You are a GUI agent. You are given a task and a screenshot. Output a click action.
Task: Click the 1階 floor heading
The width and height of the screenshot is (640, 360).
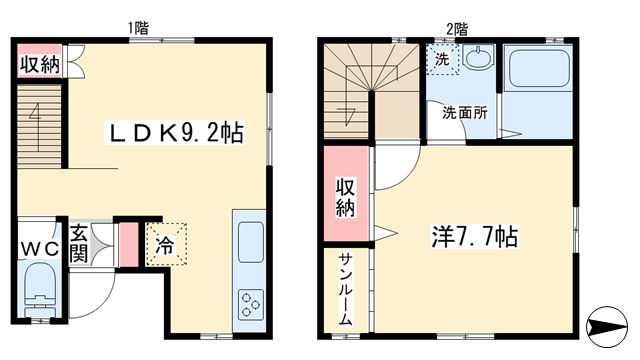tap(138, 28)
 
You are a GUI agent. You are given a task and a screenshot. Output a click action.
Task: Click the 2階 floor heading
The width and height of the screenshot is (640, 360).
tap(457, 29)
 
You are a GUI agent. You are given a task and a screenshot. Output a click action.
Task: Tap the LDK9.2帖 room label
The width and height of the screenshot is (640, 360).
tap(175, 132)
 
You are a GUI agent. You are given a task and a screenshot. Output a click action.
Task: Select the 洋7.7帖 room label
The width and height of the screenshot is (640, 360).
tap(475, 237)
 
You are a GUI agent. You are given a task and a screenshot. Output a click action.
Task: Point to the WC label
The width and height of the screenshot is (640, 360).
tap(40, 248)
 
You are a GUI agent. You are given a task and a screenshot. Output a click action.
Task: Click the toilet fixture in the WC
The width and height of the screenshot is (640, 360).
tap(40, 288)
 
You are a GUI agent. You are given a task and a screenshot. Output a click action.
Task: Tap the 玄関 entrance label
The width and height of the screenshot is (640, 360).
tap(78, 244)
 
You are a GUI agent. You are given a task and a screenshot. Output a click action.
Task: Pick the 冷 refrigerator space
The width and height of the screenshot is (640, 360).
tap(166, 244)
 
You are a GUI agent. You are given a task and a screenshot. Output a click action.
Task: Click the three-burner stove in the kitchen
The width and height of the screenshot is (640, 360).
tap(250, 304)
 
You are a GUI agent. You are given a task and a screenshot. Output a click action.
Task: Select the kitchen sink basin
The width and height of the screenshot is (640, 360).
tap(250, 242)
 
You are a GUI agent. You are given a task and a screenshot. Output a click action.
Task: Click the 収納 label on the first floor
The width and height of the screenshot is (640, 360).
tap(40, 64)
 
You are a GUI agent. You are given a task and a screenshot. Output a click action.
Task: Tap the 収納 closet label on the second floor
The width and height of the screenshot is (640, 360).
tap(345, 197)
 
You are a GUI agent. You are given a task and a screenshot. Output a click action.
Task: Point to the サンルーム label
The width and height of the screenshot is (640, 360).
tap(345, 289)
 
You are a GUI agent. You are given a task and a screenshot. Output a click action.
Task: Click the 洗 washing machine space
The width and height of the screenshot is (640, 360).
tap(442, 60)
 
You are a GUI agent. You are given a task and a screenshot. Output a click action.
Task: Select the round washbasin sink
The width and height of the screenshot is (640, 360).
tap(478, 58)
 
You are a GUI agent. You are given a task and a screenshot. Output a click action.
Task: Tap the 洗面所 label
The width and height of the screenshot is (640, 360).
tap(465, 113)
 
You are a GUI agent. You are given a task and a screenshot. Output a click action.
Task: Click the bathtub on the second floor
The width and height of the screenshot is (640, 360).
tap(536, 68)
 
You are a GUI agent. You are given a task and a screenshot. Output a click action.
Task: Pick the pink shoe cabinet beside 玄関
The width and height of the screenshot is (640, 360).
tap(129, 245)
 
